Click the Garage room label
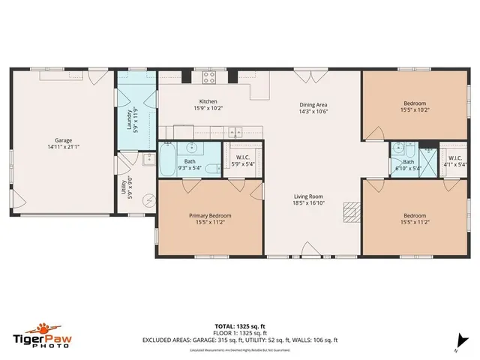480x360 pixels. click(62, 142)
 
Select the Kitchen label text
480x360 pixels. click(208, 104)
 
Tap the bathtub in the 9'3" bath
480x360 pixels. click(166, 160)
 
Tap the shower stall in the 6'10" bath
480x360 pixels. click(428, 161)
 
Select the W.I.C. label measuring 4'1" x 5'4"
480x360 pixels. click(455, 160)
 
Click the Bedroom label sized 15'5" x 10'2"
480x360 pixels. click(415, 106)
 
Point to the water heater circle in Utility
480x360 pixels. click(148, 199)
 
